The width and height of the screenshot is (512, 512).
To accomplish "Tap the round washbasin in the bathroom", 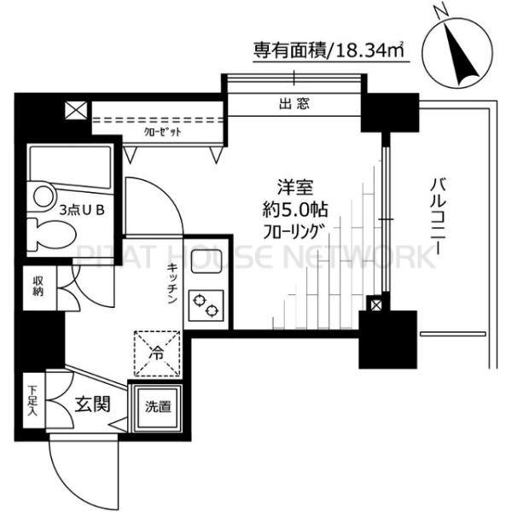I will coord(42,196).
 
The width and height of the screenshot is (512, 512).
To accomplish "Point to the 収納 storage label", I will coord(39,286).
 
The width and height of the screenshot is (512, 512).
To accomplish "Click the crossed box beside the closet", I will coord(75,110).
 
